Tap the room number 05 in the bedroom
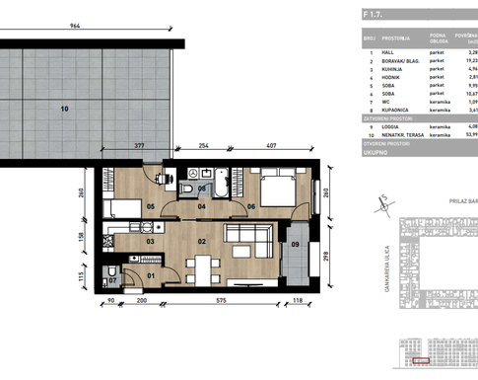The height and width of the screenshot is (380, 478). click(151, 206)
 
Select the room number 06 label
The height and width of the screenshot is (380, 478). click(252, 205)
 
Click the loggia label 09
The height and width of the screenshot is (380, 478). click(295, 242)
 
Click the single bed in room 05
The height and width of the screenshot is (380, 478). click(122, 207)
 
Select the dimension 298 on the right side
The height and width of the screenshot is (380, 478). click(326, 259)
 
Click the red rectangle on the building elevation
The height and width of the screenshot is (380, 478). click(422, 362)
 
